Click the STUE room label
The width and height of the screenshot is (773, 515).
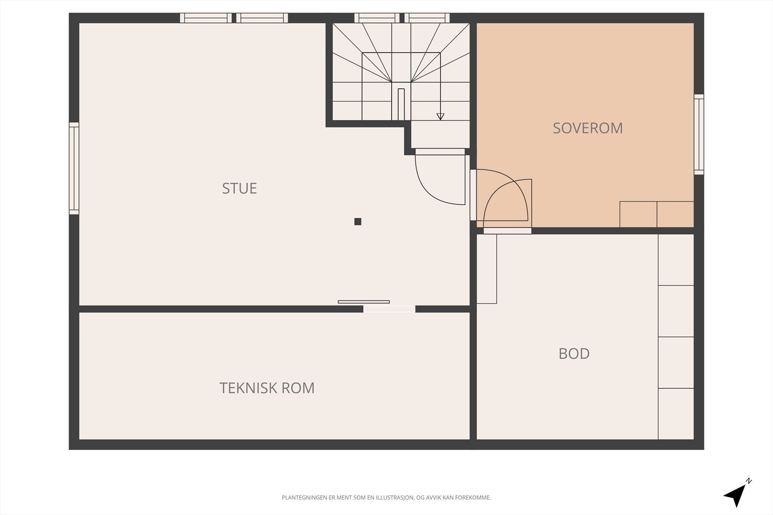pyautogui.click(x=239, y=188)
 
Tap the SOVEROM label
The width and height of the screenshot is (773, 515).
pyautogui.click(x=587, y=128)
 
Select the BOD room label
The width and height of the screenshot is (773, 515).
pyautogui.click(x=574, y=354)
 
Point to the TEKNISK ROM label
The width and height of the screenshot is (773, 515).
pyautogui.click(x=267, y=388)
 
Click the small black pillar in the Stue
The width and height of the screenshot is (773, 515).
pyautogui.click(x=358, y=222)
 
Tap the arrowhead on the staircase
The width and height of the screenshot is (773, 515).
pyautogui.click(x=440, y=116)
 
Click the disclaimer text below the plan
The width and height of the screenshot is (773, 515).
pyautogui.click(x=386, y=497)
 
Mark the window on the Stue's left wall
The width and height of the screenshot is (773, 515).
pyautogui.click(x=74, y=168)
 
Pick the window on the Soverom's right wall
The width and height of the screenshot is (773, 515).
pyautogui.click(x=699, y=134)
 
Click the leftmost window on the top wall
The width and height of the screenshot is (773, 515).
pyautogui.click(x=206, y=18)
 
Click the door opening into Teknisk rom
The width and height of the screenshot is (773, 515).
pyautogui.click(x=389, y=309)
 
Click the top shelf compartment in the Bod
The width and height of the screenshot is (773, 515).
pyautogui.click(x=676, y=260)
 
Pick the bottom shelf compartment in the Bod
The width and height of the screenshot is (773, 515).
pyautogui.click(x=676, y=414)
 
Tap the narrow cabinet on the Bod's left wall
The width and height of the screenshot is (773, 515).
pyautogui.click(x=487, y=269)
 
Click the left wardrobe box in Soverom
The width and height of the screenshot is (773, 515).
pyautogui.click(x=638, y=214)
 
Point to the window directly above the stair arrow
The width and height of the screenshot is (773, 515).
pyautogui.click(x=427, y=18)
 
